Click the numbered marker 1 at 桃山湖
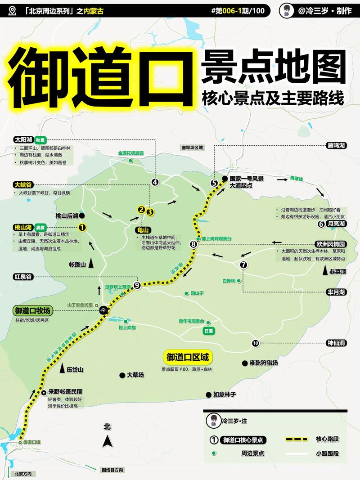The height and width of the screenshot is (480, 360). pos(82,228)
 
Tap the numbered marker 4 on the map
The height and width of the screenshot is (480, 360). pos(155,182)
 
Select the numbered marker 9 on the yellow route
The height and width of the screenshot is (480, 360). pos(137,284)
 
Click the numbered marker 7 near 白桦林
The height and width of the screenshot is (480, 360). pos(244,265)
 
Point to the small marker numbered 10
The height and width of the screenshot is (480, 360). pos(256,343)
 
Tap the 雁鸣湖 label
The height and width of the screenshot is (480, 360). pos(336,146)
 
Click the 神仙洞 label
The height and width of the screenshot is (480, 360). pos(336,343)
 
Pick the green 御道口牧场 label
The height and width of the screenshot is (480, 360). pos(33,311)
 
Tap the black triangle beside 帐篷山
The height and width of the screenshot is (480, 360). pos(91,264)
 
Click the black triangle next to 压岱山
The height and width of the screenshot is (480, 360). pos(62,368)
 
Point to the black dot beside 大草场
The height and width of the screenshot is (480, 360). pos(121,375)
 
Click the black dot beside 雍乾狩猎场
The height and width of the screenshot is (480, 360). pos(245,363)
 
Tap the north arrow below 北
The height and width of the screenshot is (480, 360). pos(107,442)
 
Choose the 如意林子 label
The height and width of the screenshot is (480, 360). pos(225,395)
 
